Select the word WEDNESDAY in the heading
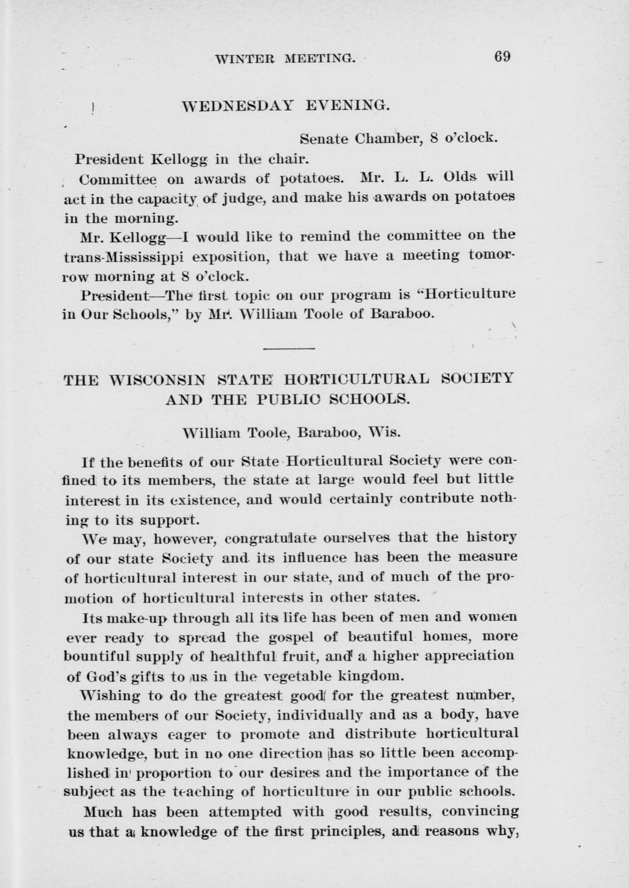click(238, 106)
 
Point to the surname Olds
click(460, 177)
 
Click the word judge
click(243, 199)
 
